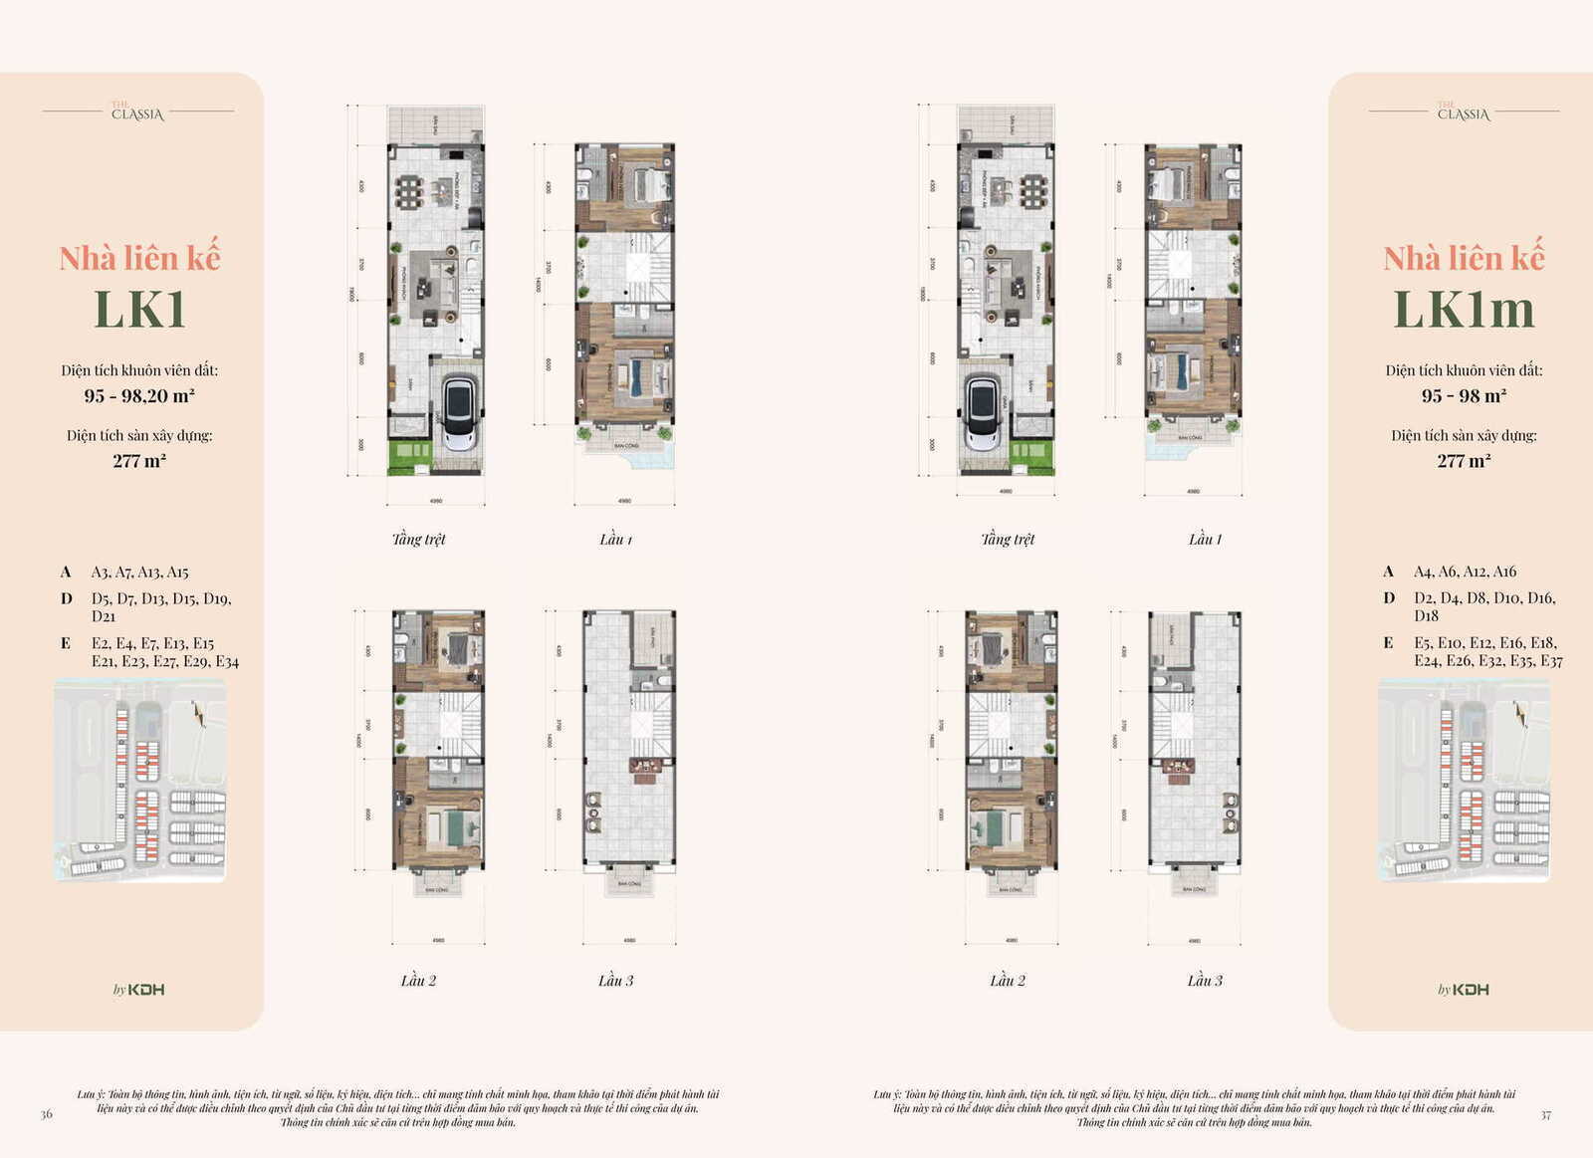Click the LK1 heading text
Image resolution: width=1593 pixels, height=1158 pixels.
pyautogui.click(x=139, y=309)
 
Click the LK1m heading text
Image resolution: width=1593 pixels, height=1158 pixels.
pyautogui.click(x=1463, y=309)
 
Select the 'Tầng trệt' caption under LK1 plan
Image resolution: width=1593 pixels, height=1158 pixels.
pyautogui.click(x=418, y=539)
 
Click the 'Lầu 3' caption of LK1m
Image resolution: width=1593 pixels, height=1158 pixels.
pyautogui.click(x=1204, y=981)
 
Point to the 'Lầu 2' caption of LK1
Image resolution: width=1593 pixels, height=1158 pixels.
pyautogui.click(x=418, y=981)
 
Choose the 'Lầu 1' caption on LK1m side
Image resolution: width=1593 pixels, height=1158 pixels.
pyautogui.click(x=1204, y=539)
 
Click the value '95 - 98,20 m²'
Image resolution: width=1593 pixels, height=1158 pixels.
pyautogui.click(x=139, y=395)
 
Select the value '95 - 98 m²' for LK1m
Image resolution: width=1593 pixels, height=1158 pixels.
pyautogui.click(x=1463, y=395)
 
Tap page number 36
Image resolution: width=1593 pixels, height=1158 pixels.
pyautogui.click(x=46, y=1114)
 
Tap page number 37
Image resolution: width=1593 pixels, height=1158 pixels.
pyautogui.click(x=1545, y=1115)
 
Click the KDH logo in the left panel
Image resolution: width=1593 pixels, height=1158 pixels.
pyautogui.click(x=139, y=989)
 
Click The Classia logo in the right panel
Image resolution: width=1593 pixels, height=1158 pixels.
pyautogui.click(x=1463, y=113)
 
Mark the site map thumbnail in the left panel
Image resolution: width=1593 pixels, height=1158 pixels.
pyautogui.click(x=139, y=780)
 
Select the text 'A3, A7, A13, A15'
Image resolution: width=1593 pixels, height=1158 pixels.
pyautogui.click(x=139, y=572)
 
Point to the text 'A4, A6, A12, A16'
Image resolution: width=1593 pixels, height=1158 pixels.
pyautogui.click(x=1465, y=572)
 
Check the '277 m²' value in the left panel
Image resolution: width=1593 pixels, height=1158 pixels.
pyautogui.click(x=139, y=461)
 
